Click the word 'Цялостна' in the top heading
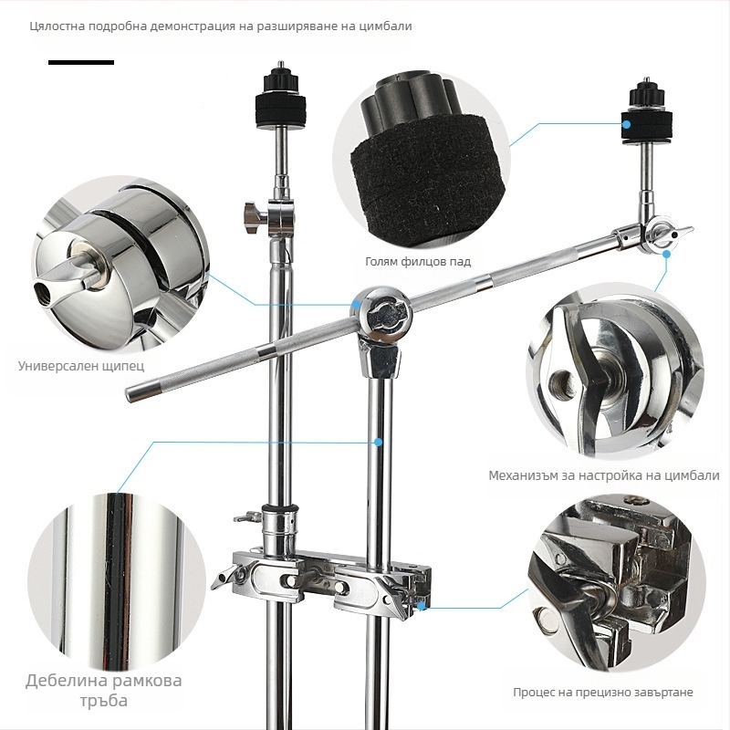(x=57, y=26)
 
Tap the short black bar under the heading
(x=81, y=62)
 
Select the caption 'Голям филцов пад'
(x=418, y=262)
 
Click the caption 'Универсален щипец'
(x=81, y=366)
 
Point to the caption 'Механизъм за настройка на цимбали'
(x=604, y=475)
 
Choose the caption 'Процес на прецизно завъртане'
(x=603, y=693)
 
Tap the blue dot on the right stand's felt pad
(x=627, y=125)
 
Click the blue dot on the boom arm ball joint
(x=357, y=304)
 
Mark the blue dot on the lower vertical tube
(x=379, y=442)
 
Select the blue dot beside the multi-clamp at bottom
(x=422, y=606)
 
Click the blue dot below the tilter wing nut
(x=666, y=254)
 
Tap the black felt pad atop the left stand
(x=281, y=106)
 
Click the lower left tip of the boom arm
(x=129, y=394)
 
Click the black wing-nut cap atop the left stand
(x=281, y=83)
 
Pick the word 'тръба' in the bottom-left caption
(x=103, y=701)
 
